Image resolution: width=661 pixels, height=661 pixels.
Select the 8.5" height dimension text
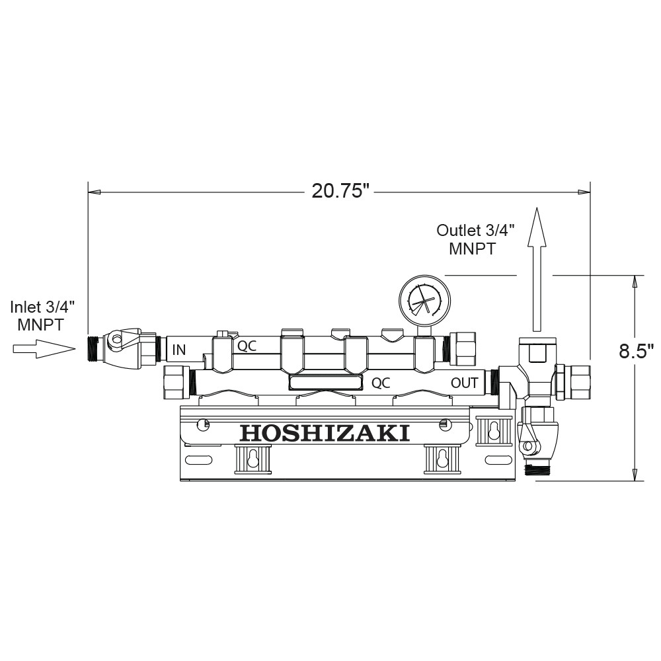tap(636, 351)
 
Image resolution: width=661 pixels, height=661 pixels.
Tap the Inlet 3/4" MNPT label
tap(42, 316)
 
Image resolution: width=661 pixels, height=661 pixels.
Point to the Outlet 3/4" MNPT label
tap(475, 239)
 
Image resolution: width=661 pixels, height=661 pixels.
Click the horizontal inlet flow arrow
tap(44, 349)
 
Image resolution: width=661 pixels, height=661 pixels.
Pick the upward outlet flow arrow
tap(537, 270)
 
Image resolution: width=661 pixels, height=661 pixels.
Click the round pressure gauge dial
tap(424, 301)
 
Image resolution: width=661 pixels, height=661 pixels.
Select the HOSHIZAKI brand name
tap(325, 433)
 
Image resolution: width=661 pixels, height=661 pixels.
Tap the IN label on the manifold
tap(179, 350)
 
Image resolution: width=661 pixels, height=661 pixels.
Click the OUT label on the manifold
tap(465, 383)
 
